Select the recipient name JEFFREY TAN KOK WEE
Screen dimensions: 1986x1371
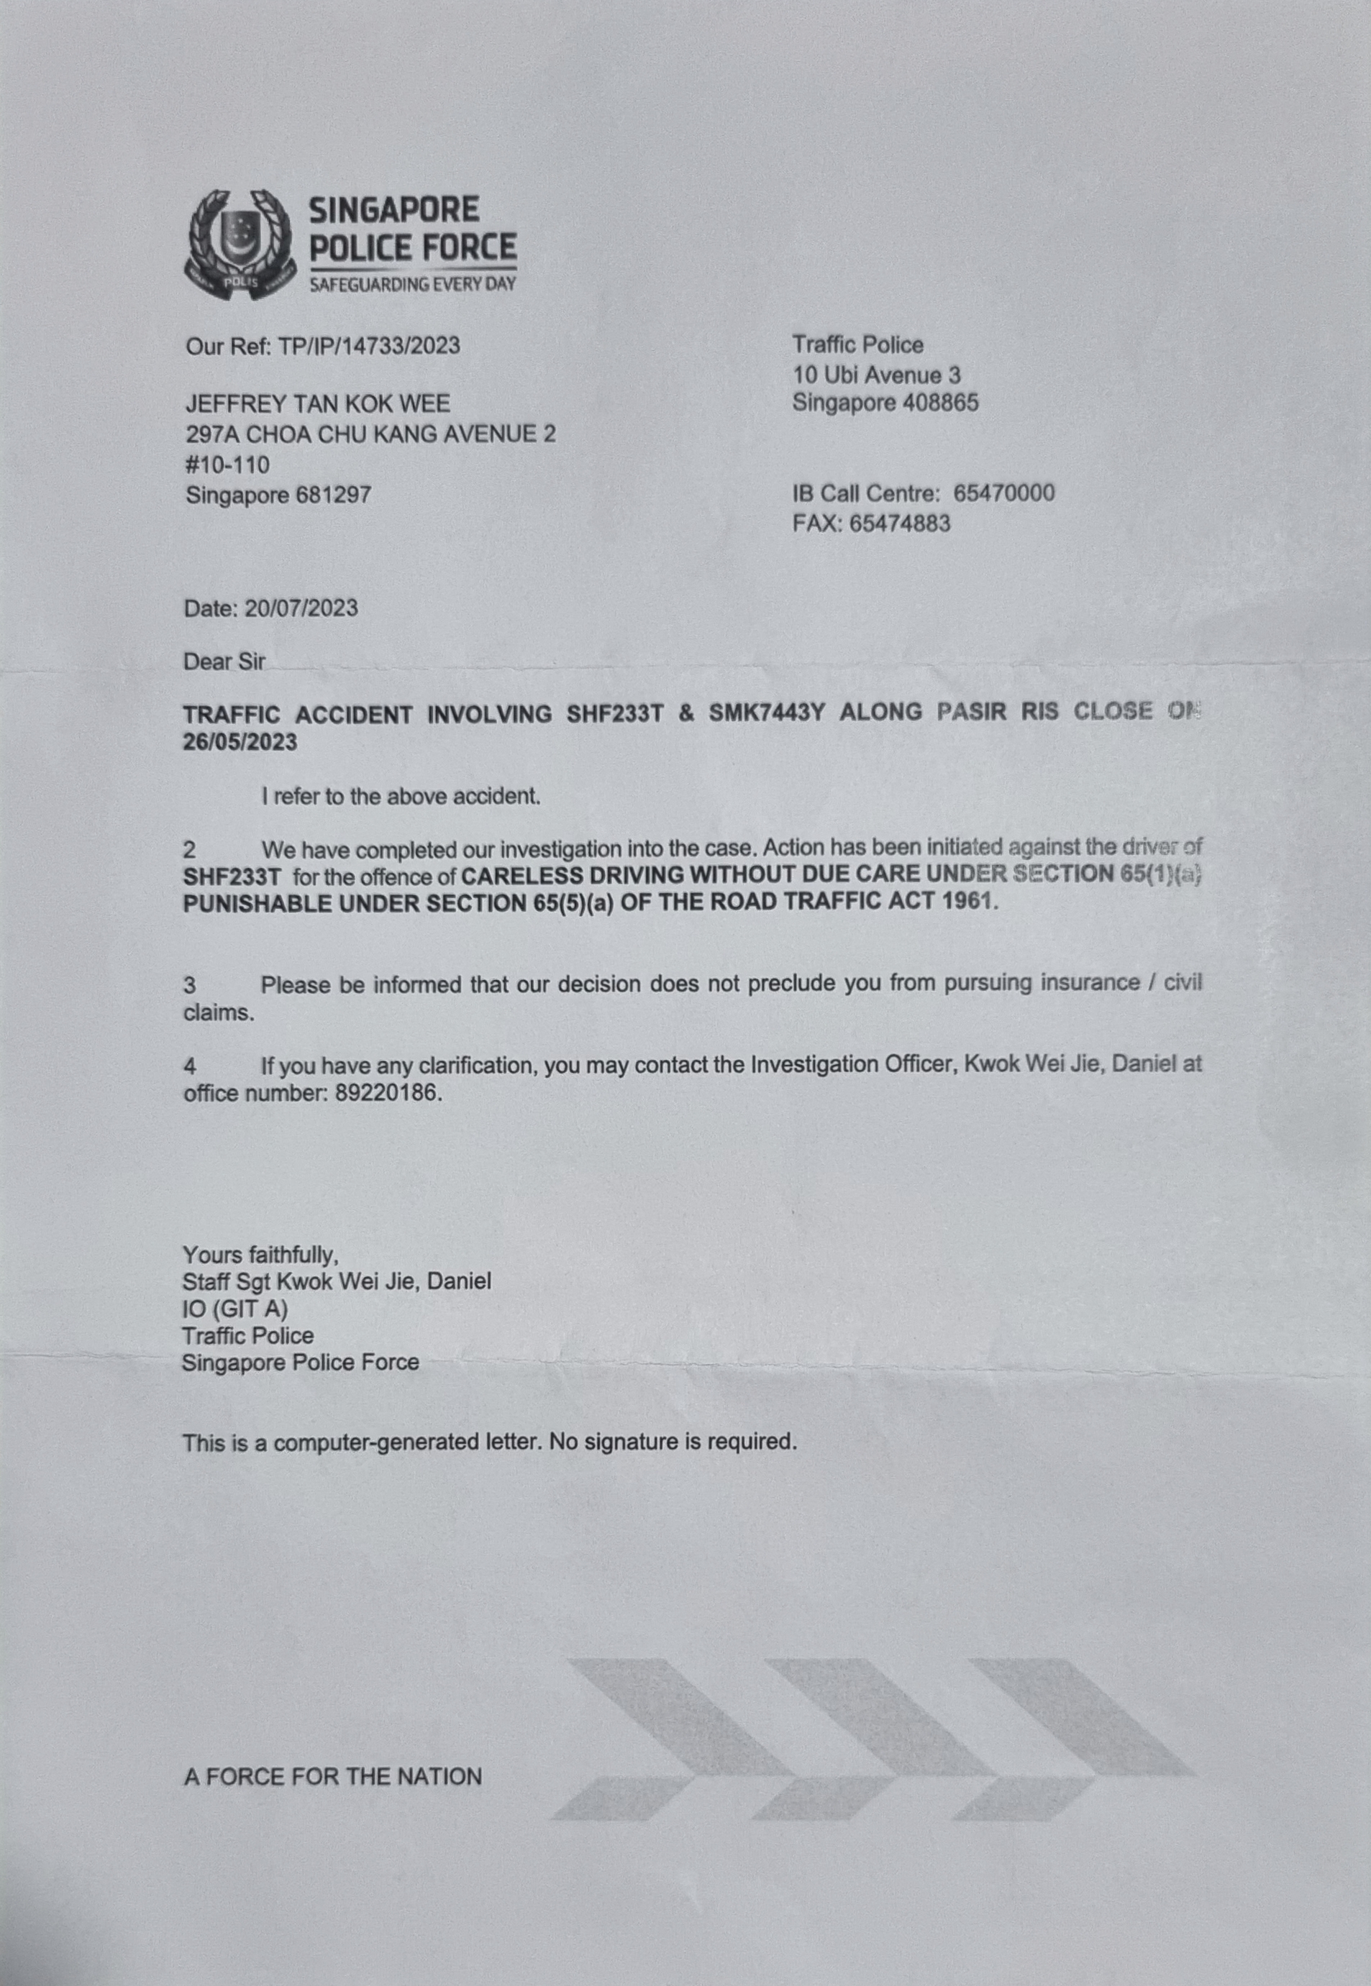(x=318, y=403)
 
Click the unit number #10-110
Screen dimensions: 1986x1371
(x=227, y=465)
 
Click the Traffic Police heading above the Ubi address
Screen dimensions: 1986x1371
(x=857, y=345)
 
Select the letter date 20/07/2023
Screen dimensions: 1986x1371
(x=301, y=609)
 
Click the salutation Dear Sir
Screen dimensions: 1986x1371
(x=224, y=662)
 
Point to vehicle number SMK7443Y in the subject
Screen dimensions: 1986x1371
(x=765, y=713)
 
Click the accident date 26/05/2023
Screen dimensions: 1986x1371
(x=240, y=743)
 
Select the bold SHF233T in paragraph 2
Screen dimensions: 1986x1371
(x=232, y=877)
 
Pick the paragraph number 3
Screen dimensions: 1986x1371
(x=190, y=985)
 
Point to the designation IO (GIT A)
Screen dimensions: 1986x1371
(x=234, y=1309)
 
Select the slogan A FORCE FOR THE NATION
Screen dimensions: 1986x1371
(x=332, y=1777)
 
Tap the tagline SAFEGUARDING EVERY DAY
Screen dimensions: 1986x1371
(x=412, y=284)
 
